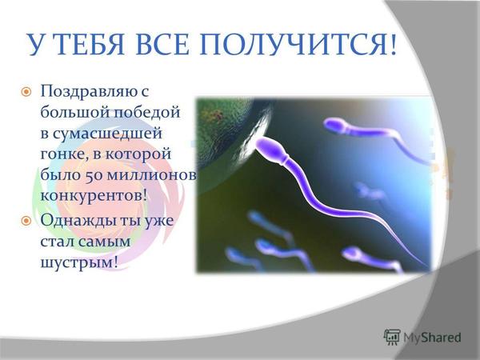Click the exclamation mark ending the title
393,45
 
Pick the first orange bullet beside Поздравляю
26,91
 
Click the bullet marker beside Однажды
26,221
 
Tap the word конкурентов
91,196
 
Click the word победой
147,112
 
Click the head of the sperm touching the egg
269,147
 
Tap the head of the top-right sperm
334,126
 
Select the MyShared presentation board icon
392,337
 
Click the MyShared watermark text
432,338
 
